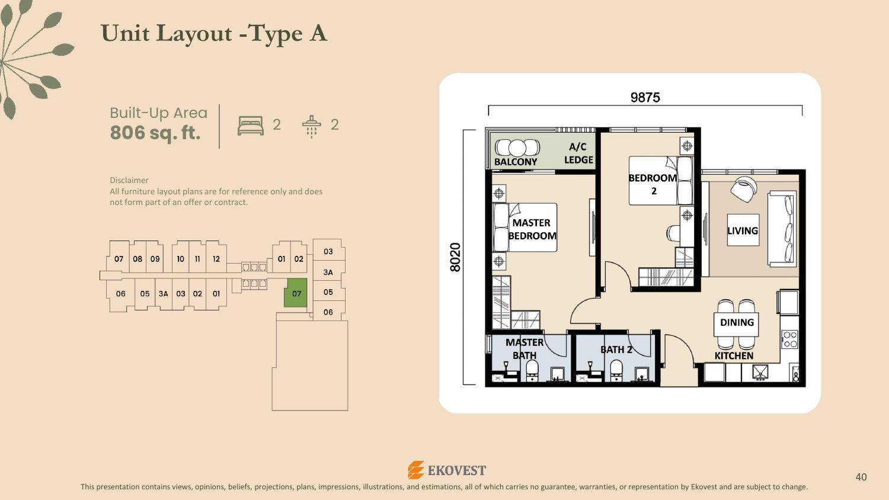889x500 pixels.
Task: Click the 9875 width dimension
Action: pos(645,98)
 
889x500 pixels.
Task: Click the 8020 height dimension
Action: pos(455,258)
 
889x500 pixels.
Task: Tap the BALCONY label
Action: pos(516,162)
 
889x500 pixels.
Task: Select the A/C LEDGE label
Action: pos(578,153)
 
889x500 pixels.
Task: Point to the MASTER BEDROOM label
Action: pos(532,229)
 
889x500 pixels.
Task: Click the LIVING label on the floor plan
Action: pos(743,230)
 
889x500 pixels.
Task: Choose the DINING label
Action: pos(737,322)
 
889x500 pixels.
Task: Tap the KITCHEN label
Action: pos(734,355)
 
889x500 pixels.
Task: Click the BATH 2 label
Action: pos(616,350)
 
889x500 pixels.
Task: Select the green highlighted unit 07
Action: pos(296,293)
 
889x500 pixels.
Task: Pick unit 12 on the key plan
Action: pos(216,259)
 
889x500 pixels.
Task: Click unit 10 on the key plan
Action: pos(180,259)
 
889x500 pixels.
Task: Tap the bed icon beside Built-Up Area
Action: pos(251,126)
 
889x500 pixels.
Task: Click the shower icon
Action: pos(312,126)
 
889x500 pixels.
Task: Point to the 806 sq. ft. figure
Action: pos(155,133)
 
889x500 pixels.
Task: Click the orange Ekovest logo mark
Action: pos(416,470)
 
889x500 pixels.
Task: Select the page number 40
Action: pos(861,477)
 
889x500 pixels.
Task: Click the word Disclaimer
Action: pos(129,180)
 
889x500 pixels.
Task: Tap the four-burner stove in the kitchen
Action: pos(789,339)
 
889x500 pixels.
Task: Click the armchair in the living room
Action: pos(743,189)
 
